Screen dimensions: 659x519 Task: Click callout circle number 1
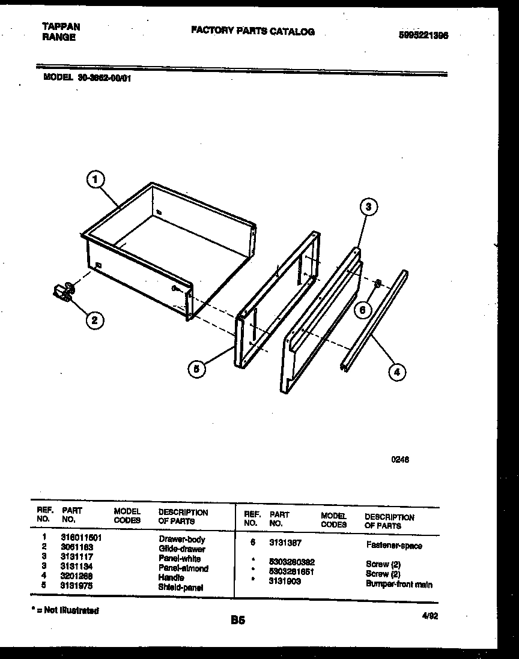[x=96, y=179]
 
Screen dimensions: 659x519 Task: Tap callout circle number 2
[x=93, y=320]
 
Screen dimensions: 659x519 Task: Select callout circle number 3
[x=369, y=207]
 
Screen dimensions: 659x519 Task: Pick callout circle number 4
[x=396, y=372]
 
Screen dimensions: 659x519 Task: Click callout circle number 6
[x=363, y=310]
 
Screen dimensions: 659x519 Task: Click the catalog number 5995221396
[x=423, y=35]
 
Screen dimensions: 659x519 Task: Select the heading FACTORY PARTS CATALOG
[x=252, y=31]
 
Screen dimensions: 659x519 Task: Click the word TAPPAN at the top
[x=61, y=27]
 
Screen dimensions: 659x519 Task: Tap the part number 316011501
[x=81, y=539]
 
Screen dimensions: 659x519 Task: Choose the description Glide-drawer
[x=182, y=549]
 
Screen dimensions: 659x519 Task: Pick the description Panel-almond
[x=183, y=568]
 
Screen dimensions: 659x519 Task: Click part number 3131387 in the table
[x=285, y=543]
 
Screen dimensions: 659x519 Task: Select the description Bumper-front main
[x=399, y=584]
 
